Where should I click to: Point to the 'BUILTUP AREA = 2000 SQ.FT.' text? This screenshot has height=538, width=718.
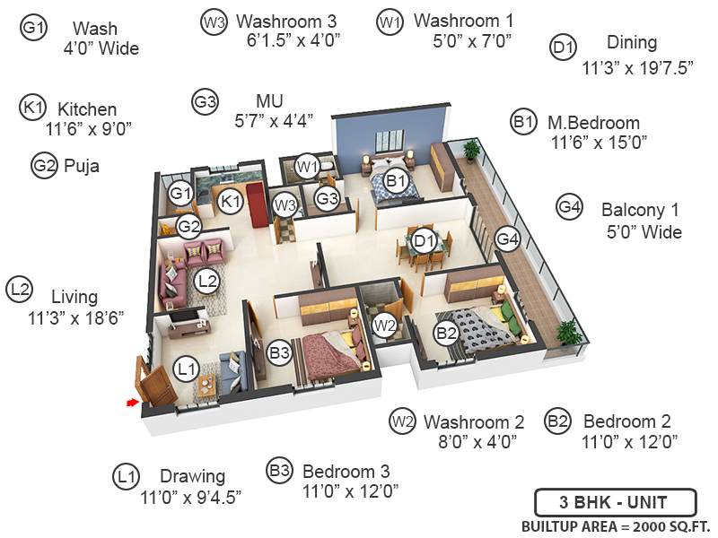click(x=613, y=526)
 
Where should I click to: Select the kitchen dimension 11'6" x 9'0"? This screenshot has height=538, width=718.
click(x=89, y=128)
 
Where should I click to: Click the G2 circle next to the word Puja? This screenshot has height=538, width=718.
click(x=44, y=166)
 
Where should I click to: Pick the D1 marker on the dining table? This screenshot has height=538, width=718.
click(x=425, y=240)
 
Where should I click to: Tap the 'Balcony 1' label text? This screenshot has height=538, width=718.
click(x=640, y=211)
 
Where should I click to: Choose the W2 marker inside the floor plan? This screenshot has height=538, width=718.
click(x=385, y=325)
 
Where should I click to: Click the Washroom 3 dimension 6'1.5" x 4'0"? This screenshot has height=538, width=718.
click(x=293, y=39)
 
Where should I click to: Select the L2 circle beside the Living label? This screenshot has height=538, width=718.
click(x=20, y=290)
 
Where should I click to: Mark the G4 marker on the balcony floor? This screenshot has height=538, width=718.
click(x=508, y=239)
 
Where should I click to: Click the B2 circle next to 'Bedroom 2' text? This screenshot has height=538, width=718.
click(x=558, y=421)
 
